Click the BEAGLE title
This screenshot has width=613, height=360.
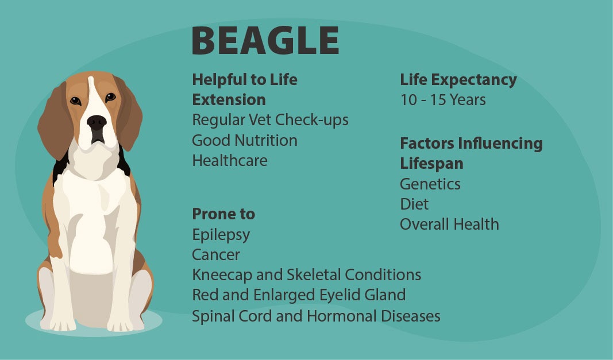tap(265, 40)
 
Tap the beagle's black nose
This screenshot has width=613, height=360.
tap(97, 122)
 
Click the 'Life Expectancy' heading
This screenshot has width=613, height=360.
tap(458, 80)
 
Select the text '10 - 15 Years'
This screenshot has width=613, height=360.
tap(442, 100)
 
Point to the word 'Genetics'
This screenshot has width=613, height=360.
tap(430, 184)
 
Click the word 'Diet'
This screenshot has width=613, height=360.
tap(414, 204)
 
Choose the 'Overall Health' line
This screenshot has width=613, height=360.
tap(449, 224)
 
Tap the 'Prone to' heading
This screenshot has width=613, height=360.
tap(223, 214)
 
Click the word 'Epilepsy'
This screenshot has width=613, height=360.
tap(221, 235)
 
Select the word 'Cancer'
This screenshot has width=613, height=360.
tap(216, 255)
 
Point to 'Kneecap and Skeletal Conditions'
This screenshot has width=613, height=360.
tap(307, 275)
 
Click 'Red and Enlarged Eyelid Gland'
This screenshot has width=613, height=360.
tap(299, 295)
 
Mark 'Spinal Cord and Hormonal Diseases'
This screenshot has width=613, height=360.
tap(316, 316)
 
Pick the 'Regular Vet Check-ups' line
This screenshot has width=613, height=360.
tap(270, 120)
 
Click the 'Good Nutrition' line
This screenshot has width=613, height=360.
tap(244, 140)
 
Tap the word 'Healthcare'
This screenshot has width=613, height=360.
tap(229, 161)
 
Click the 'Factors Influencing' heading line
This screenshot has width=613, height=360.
tap(471, 144)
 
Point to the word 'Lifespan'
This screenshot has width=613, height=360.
tap(431, 164)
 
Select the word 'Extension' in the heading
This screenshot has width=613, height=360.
tap(229, 100)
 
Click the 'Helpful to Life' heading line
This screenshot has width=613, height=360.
tap(244, 80)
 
